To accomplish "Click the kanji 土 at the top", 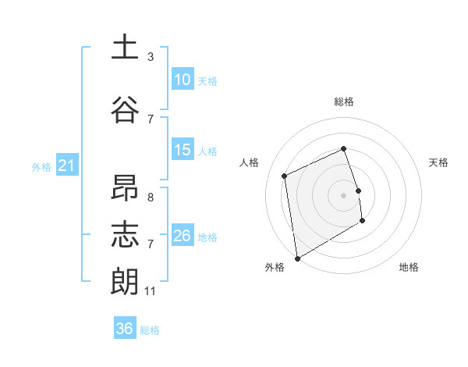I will point(125,47).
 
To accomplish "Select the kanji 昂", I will point(125,190).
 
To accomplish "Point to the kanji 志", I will point(125,236).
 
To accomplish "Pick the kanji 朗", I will point(125,282).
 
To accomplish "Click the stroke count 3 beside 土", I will point(151,57).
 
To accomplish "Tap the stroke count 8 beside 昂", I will point(151,198).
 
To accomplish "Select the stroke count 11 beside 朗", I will point(151,291).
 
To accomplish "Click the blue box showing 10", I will point(183,80).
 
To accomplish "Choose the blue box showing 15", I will point(183,150).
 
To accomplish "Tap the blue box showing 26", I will point(183,236).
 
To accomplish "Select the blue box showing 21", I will point(66,166).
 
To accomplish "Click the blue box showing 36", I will point(125,329).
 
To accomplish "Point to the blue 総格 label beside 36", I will point(150,330).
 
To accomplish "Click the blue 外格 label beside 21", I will point(41,167).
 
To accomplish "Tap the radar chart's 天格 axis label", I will point(438,162).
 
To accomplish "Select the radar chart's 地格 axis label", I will point(409,268).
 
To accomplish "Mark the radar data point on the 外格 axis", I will point(297,257).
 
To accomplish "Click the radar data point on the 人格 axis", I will point(285,176).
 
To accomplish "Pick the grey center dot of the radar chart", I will point(343,194).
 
